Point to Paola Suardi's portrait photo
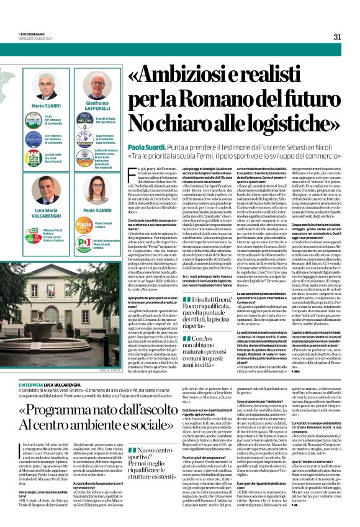(x=98, y=193)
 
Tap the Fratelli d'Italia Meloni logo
(x=84, y=120)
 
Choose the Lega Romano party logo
(x=84, y=138)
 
